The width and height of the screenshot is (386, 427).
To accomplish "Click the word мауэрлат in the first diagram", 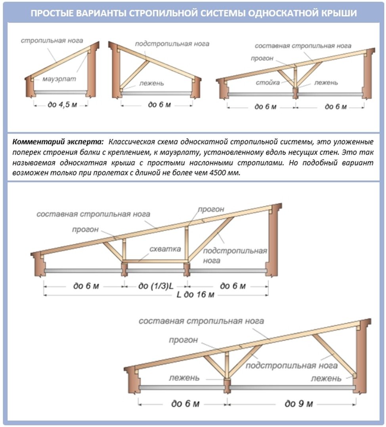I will [59, 79].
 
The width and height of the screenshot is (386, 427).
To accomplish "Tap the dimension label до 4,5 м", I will [60, 105].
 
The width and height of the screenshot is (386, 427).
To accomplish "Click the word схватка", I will [165, 249].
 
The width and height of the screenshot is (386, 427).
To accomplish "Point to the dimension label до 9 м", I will [299, 404].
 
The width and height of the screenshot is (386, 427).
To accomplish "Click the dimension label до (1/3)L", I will [156, 286].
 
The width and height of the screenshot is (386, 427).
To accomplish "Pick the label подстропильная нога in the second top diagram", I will [172, 44].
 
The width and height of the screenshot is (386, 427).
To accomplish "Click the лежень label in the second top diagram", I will [151, 84].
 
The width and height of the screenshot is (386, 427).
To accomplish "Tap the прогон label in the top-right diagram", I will [262, 59].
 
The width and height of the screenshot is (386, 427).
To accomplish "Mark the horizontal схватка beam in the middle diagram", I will [155, 261].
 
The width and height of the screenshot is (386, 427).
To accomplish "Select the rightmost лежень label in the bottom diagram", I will [326, 378].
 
